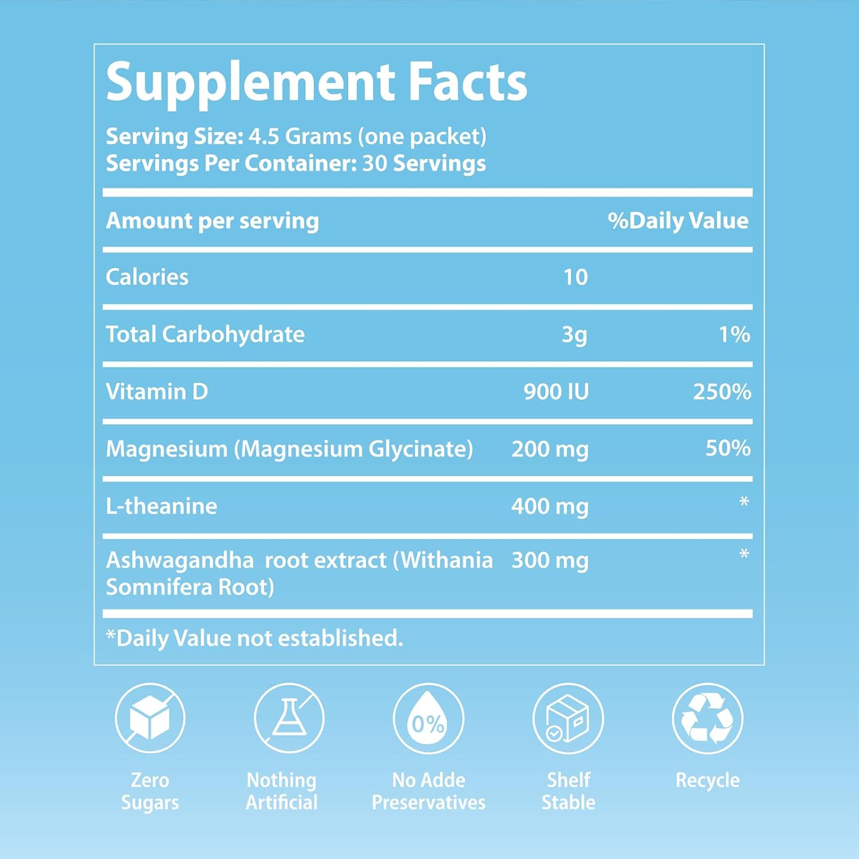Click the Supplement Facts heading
[316, 83]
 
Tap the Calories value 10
[576, 277]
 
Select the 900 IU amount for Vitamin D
[555, 392]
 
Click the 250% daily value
[722, 392]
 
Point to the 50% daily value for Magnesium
[727, 448]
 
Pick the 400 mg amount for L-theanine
[549, 506]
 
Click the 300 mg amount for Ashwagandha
[549, 561]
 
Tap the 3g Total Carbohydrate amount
[574, 334]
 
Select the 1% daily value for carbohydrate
[734, 334]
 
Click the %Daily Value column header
[678, 220]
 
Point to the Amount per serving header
[212, 221]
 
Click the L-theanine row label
[161, 506]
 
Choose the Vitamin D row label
[157, 392]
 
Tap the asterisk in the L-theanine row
[744, 503]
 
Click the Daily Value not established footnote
[255, 638]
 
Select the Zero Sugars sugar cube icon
[150, 718]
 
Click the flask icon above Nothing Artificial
[289, 718]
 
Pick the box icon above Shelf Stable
[568, 718]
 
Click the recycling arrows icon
[708, 718]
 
